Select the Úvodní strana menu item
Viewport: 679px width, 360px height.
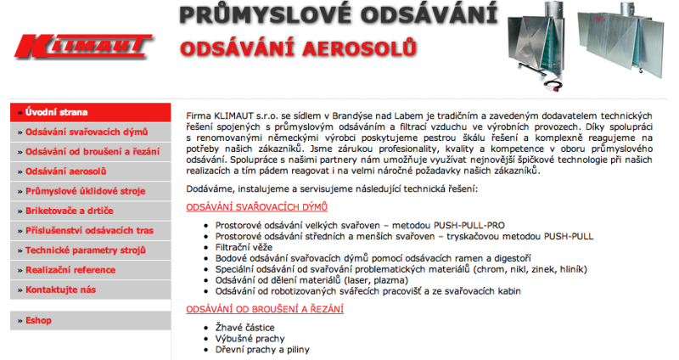[56, 112]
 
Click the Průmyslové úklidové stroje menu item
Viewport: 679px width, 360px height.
[87, 190]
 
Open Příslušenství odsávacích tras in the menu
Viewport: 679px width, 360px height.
[89, 230]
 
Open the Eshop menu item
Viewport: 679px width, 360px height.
[39, 320]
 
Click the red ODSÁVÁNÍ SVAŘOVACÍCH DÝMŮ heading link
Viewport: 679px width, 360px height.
[256, 207]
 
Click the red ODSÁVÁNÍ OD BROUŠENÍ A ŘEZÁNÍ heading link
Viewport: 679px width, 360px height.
[265, 308]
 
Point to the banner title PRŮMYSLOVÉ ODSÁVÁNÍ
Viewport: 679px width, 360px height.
[338, 16]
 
